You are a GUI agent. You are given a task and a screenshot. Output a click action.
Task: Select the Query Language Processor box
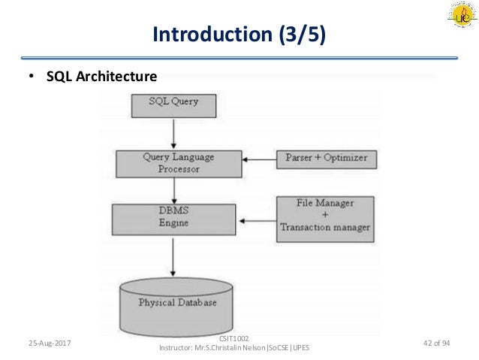pos(178,163)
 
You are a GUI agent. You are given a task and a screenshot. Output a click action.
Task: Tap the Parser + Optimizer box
pos(326,158)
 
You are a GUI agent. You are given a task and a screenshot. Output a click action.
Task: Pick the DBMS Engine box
pos(173,218)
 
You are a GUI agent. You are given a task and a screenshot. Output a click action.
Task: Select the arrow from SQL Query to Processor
pos(173,133)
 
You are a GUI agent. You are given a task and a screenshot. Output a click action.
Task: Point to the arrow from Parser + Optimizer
pos(259,159)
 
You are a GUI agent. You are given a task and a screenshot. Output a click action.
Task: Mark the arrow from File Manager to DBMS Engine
pos(256,220)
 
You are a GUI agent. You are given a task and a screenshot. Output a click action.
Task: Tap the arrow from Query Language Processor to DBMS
pos(173,190)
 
